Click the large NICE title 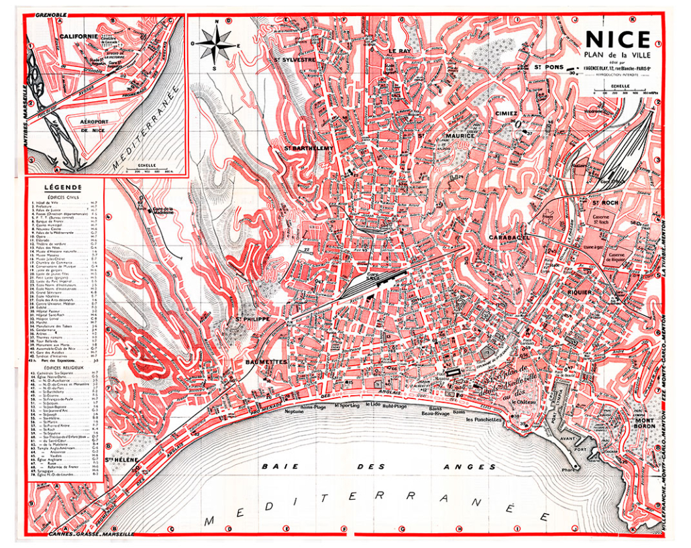click(x=618, y=40)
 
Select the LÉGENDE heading click(x=62, y=187)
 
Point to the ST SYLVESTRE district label click(x=295, y=59)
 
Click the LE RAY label click(x=398, y=51)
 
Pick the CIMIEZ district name click(x=507, y=113)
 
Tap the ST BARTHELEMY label click(x=309, y=148)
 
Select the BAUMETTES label click(x=266, y=362)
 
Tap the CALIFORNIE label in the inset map click(x=78, y=36)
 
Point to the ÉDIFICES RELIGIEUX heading click(x=62, y=368)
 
